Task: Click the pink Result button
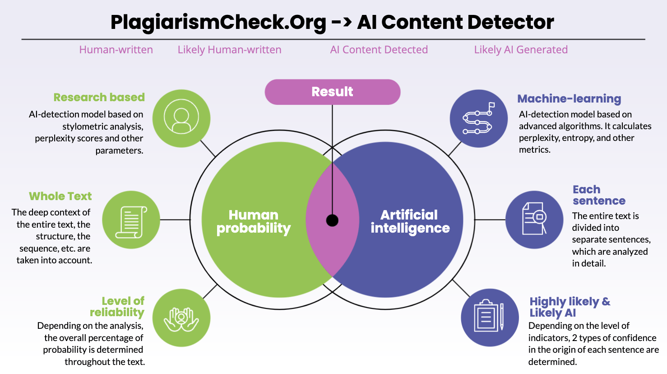[332, 92]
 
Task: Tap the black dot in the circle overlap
[332, 220]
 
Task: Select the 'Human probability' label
[253, 221]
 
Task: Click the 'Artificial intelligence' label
[410, 221]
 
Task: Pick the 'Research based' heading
[99, 97]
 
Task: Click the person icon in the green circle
[181, 118]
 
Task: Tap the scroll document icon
[131, 220]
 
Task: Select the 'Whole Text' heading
[60, 196]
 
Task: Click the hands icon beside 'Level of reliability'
[181, 318]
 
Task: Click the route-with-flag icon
[478, 118]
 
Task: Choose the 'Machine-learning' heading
[569, 98]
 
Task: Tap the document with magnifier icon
[534, 220]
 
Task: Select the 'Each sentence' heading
[598, 195]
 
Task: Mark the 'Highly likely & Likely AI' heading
[570, 307]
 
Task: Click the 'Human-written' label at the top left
[116, 50]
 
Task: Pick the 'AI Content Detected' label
[379, 50]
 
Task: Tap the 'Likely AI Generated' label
[521, 50]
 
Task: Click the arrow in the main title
[341, 22]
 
